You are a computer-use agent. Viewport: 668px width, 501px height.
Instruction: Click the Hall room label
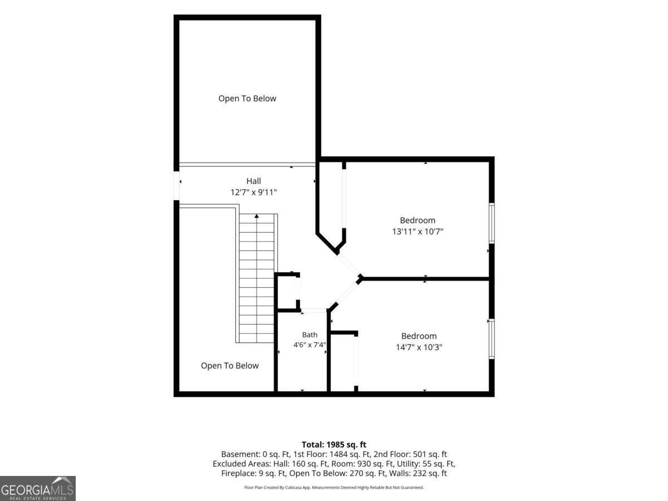click(253, 181)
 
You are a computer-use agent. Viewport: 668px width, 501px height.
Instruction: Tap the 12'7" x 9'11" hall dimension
click(253, 192)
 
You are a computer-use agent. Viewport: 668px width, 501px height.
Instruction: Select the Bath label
click(310, 335)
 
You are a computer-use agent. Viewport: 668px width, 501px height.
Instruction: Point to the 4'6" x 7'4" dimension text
click(310, 345)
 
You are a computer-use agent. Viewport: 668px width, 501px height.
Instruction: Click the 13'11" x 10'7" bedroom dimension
click(417, 232)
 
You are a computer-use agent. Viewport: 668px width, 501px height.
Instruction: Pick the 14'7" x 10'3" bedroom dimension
click(419, 347)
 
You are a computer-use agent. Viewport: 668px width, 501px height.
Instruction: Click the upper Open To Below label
click(247, 99)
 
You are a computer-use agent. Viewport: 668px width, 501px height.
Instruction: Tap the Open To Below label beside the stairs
click(230, 366)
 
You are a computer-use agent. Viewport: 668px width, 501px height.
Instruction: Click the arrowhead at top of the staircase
click(257, 216)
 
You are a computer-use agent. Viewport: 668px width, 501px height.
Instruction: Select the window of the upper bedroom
click(492, 223)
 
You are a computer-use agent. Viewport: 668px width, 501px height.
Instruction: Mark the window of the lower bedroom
click(492, 338)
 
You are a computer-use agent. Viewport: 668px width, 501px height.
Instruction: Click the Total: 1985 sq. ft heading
click(334, 444)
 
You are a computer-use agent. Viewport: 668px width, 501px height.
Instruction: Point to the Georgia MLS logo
click(38, 488)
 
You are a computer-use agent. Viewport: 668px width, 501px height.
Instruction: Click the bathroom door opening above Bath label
click(314, 310)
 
